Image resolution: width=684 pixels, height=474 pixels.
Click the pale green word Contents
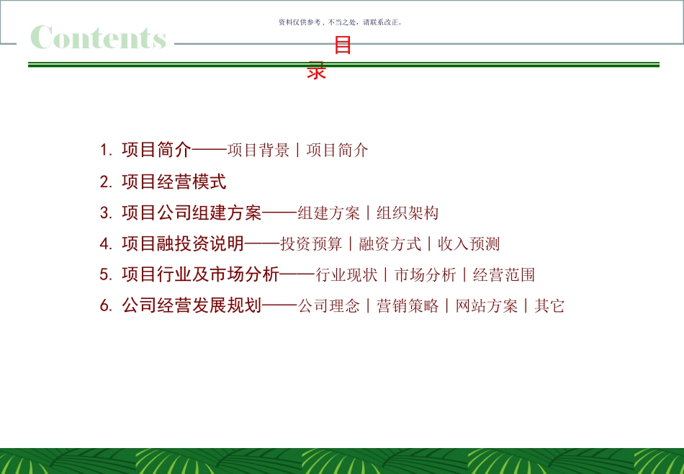99,37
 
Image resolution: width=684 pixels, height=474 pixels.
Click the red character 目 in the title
343,46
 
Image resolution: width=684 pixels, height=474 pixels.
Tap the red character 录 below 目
317,70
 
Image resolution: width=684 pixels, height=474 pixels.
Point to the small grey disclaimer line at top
341,22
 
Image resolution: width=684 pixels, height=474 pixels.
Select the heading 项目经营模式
174,182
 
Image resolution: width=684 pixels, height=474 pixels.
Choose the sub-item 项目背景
258,151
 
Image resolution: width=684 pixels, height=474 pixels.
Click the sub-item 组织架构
408,213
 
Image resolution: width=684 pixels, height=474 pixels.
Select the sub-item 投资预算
311,243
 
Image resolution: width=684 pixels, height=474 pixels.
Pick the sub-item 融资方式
390,243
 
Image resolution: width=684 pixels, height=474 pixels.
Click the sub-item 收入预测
469,243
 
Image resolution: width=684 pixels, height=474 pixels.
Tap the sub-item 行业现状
346,274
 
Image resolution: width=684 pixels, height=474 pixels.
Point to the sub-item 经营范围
504,274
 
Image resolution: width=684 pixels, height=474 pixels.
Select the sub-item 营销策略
408,305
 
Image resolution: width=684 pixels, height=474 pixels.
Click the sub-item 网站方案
487,305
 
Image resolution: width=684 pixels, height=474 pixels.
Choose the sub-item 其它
549,305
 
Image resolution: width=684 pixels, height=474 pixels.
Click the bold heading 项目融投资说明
183,243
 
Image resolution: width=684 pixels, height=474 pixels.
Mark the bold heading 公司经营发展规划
192,305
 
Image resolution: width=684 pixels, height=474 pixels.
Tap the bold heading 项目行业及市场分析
200,274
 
